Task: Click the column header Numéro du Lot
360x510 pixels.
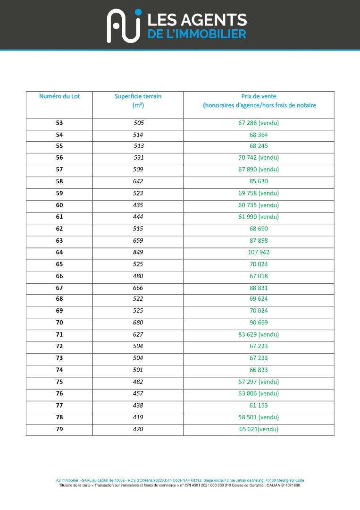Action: pyautogui.click(x=59, y=96)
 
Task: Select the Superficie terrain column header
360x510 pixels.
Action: pyautogui.click(x=138, y=96)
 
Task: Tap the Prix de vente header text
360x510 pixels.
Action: pyautogui.click(x=259, y=96)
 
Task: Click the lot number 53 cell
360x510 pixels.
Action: pyautogui.click(x=59, y=123)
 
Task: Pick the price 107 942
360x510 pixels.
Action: pyautogui.click(x=259, y=252)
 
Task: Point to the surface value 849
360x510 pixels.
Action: pyautogui.click(x=138, y=252)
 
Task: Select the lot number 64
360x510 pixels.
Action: pyautogui.click(x=59, y=252)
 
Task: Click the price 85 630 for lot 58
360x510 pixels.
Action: pyautogui.click(x=259, y=181)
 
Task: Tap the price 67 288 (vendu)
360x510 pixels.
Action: pyautogui.click(x=259, y=123)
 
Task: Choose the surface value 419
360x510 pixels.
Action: pyautogui.click(x=138, y=417)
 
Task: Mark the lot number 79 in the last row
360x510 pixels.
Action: pyautogui.click(x=59, y=429)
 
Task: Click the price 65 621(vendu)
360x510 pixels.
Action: pyautogui.click(x=259, y=429)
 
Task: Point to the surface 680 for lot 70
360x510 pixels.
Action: pyautogui.click(x=138, y=323)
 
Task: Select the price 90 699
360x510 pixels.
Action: pyautogui.click(x=259, y=323)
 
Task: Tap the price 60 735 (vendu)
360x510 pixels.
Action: pyautogui.click(x=259, y=205)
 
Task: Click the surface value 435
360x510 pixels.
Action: pyautogui.click(x=138, y=205)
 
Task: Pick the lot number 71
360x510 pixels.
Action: pyautogui.click(x=59, y=334)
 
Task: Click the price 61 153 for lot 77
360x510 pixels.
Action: pyautogui.click(x=259, y=406)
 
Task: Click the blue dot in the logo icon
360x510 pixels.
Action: pyautogui.click(x=138, y=12)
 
